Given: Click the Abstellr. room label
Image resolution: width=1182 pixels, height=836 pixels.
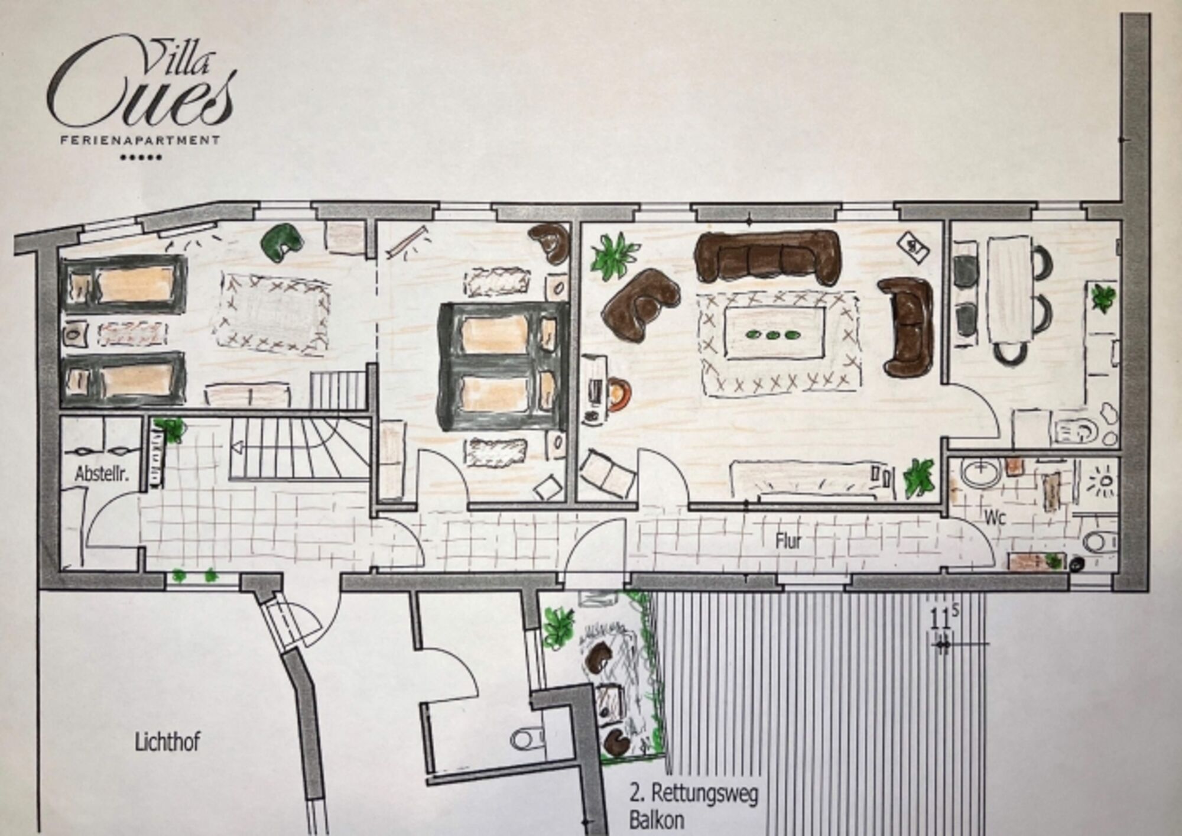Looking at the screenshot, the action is (102, 474).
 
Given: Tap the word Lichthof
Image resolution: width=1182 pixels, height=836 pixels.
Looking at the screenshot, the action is (167, 742).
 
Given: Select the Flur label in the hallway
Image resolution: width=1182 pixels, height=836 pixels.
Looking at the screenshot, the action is (788, 541).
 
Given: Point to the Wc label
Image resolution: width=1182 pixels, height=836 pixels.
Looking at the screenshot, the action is (995, 518).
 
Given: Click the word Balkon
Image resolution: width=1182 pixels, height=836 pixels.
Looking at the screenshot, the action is (657, 820).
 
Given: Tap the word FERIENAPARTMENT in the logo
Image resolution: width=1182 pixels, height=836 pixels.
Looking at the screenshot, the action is (141, 140).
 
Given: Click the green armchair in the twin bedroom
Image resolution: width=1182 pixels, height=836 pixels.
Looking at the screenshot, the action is (281, 241).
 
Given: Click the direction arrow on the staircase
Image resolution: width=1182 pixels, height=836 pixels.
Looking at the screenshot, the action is (239, 446).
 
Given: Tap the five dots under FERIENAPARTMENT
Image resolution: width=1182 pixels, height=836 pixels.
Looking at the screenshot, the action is (141, 158).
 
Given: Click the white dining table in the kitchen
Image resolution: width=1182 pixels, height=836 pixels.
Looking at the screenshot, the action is (1009, 290).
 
